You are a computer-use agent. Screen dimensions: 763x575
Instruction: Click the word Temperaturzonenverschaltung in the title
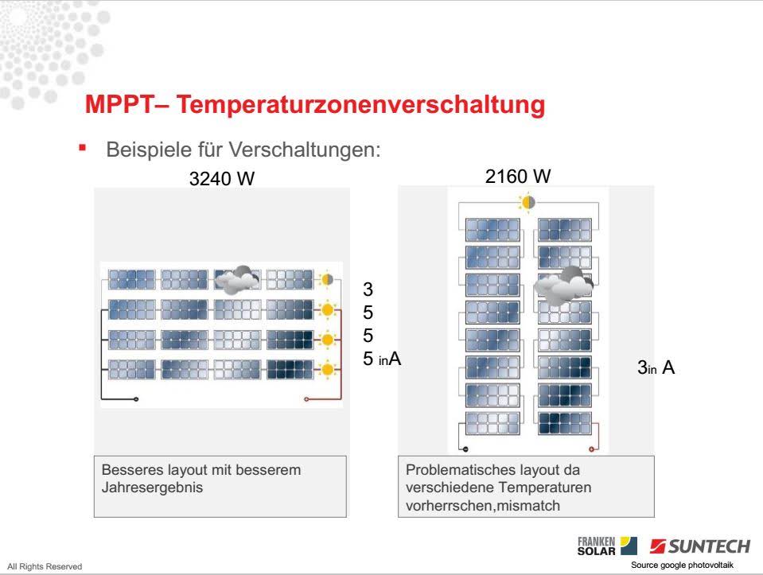360,104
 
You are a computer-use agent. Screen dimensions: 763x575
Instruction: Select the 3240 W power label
222,178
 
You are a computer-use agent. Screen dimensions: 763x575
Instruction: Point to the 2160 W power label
518,176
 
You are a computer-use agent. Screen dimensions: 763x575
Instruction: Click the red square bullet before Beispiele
82,147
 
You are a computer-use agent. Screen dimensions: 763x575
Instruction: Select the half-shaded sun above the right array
527,202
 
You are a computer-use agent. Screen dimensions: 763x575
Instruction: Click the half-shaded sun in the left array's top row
326,280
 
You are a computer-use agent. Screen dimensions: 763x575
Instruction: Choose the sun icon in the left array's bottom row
328,369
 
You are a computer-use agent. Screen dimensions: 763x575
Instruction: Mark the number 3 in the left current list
368,289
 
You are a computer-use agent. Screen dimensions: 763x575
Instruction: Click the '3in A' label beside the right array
656,367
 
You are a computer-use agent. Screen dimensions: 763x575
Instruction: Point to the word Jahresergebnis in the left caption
152,488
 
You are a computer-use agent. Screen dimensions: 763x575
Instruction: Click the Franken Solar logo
607,546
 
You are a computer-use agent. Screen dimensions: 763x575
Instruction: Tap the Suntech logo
699,546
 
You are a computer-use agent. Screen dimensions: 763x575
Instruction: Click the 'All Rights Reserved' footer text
45,566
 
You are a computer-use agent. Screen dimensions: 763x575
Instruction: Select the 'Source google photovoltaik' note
682,565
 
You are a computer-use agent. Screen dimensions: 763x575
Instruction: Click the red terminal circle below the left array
306,399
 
